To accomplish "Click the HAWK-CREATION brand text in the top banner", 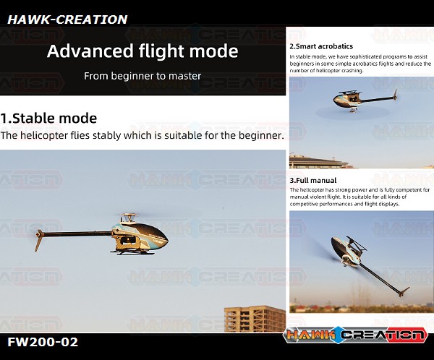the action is tap(67, 20).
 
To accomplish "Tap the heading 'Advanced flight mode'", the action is tap(142, 51).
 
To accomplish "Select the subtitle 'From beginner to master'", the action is tap(142, 76).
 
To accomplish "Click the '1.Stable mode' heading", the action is tap(48, 118).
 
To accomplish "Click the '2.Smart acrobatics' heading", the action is tap(321, 46).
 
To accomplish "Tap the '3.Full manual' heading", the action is tap(313, 181).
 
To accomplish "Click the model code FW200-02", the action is tap(43, 342).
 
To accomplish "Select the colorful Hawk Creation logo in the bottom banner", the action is tap(355, 335).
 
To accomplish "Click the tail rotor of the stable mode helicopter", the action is tap(39, 239).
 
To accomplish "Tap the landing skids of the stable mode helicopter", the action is tap(129, 252).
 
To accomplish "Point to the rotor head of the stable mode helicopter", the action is tap(129, 217).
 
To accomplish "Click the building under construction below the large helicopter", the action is tap(255, 319).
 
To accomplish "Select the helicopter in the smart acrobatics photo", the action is tap(365, 100).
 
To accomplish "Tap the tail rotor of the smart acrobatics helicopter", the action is tap(395, 95).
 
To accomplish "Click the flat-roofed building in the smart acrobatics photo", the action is tap(318, 162).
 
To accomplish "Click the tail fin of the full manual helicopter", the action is tap(404, 292).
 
